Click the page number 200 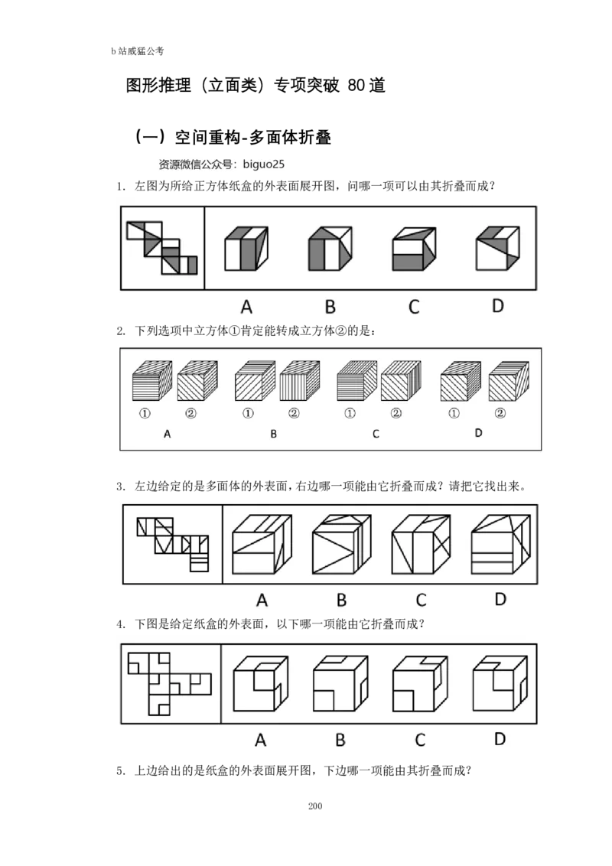coord(315,806)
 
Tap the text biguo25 coord(263,164)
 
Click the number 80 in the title coord(356,85)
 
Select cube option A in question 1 coord(246,248)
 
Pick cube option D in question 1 coord(498,248)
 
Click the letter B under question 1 coord(330,307)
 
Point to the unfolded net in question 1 coord(162,247)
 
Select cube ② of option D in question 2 coord(509,381)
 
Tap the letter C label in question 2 coord(376,434)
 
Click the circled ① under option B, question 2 coord(248,413)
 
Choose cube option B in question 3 coord(341,545)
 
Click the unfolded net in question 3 coord(173,544)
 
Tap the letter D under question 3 coord(500,599)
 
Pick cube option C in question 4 coord(420,683)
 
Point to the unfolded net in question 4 coord(169,684)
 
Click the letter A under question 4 coord(261,740)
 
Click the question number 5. coord(121,771)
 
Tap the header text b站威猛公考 coord(138,51)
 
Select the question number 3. coord(121,487)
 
